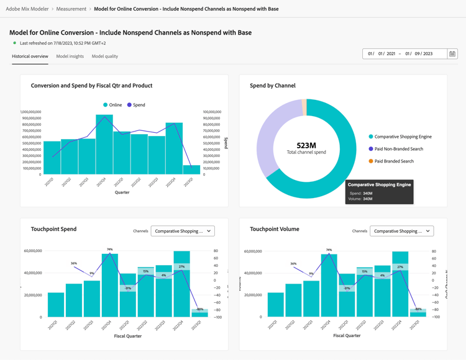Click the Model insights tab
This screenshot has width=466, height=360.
(70, 56)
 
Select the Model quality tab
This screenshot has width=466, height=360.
(104, 56)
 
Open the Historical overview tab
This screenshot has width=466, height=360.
(30, 56)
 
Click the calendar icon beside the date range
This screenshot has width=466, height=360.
(452, 54)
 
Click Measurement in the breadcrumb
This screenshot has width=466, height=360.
(71, 9)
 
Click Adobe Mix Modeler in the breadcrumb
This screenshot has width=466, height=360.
(27, 9)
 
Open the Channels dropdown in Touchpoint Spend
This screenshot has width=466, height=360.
(183, 231)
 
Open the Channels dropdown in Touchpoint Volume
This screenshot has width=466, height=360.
(401, 231)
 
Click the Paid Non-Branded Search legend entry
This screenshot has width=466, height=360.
(398, 149)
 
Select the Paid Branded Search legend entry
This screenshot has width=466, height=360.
(393, 161)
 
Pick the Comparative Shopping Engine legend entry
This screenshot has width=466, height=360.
(403, 137)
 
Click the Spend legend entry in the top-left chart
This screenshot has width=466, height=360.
(139, 105)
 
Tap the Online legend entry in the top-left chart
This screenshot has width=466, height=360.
(115, 105)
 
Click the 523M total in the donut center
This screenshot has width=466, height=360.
(306, 146)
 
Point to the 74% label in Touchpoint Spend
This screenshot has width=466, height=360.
(110, 249)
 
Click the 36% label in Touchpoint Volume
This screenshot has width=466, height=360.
(293, 263)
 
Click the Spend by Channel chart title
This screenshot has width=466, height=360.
(273, 86)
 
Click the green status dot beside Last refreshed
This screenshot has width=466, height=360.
(15, 43)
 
